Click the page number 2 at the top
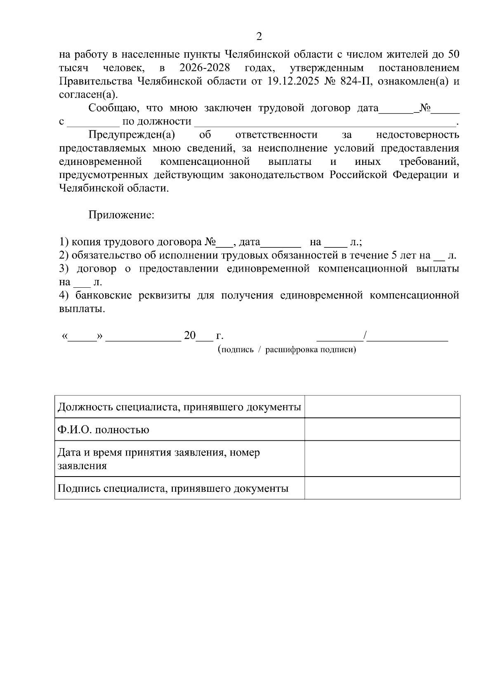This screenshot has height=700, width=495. [x=259, y=37]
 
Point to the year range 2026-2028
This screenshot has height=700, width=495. [x=205, y=68]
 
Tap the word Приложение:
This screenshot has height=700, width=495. [x=121, y=215]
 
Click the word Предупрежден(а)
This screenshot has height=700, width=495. [x=132, y=135]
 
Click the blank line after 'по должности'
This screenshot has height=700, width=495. [x=324, y=122]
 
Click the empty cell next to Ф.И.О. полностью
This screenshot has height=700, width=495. [x=382, y=430]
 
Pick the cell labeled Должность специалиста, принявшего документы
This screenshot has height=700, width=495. [x=179, y=407]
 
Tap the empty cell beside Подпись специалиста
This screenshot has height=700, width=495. [x=382, y=488]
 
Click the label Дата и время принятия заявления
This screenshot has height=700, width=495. [x=159, y=453]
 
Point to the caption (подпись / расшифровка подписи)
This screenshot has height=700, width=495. [x=287, y=350]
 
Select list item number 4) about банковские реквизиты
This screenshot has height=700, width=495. [x=259, y=296]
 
